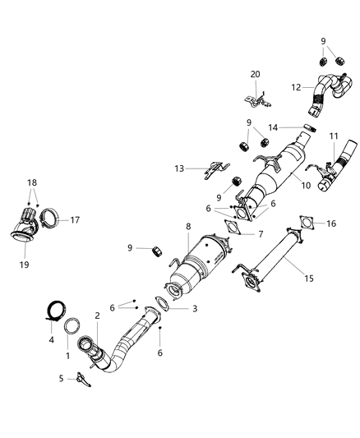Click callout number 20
pyautogui.click(x=256, y=74)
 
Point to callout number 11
pyautogui.click(x=333, y=136)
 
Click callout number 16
pyautogui.click(x=331, y=224)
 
